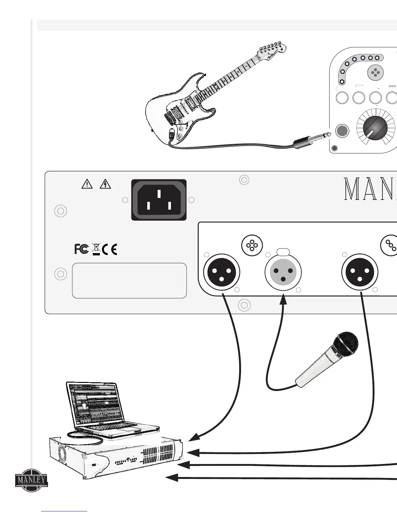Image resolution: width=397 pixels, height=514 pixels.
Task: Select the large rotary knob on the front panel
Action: click(376, 127)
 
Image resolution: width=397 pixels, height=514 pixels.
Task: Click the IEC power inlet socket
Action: click(159, 200)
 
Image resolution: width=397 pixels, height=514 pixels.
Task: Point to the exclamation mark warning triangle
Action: click(87, 185)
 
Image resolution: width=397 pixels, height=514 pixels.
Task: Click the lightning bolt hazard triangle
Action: click(106, 185)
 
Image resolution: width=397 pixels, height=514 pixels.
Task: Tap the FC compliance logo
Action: click(81, 249)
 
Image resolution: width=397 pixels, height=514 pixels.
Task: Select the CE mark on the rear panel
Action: click(109, 249)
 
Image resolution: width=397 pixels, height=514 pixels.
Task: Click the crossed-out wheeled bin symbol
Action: click(96, 249)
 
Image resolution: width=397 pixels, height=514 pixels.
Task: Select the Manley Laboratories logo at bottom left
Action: click(31, 481)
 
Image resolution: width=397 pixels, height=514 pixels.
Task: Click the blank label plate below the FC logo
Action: click(129, 280)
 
